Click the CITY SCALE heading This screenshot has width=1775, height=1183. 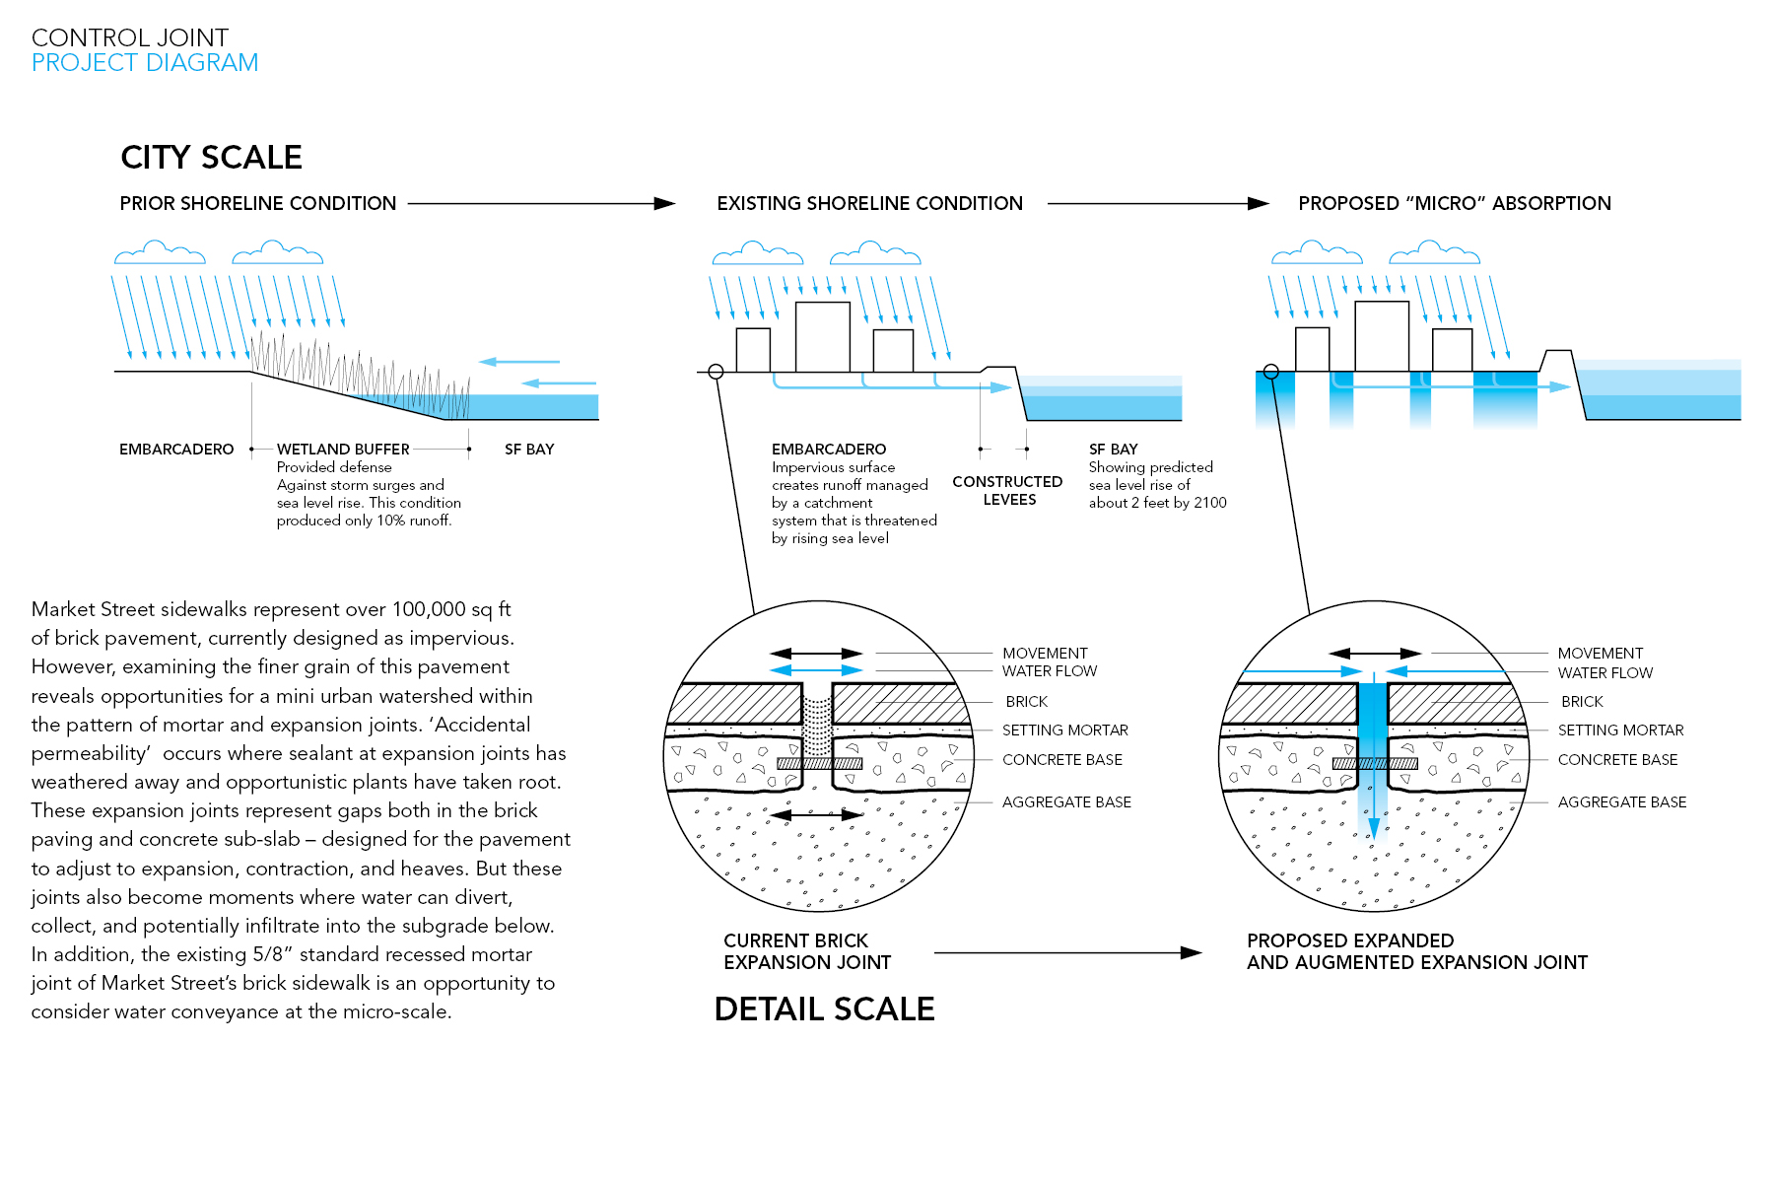click(x=211, y=157)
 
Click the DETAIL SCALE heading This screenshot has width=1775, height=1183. click(x=824, y=1009)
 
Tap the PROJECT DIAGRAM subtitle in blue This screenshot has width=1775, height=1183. click(x=145, y=63)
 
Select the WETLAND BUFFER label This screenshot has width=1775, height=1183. click(x=343, y=450)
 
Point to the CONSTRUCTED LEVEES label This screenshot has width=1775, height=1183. click(x=1007, y=490)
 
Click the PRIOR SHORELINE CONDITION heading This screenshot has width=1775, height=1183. click(x=258, y=203)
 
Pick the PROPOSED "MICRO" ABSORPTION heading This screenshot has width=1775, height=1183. click(x=1454, y=203)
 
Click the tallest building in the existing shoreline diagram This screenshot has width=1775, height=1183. click(x=822, y=336)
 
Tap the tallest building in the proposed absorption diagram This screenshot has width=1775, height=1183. click(x=1382, y=336)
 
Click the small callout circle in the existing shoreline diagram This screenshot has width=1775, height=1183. click(x=716, y=372)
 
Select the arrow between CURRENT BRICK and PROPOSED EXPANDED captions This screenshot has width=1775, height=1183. click(x=1067, y=952)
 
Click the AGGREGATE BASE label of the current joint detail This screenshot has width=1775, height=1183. click(x=1066, y=802)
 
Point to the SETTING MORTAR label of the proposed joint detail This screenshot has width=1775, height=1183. click(x=1620, y=731)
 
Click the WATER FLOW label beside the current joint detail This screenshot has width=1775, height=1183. click(x=1050, y=671)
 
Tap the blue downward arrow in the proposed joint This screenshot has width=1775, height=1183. click(x=1373, y=818)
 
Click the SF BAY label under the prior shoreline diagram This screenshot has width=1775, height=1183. click(x=529, y=450)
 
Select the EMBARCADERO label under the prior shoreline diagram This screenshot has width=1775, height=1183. click(x=176, y=450)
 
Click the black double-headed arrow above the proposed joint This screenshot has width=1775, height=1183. click(x=1374, y=654)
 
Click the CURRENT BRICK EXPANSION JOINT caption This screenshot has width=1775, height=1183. click(x=807, y=951)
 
